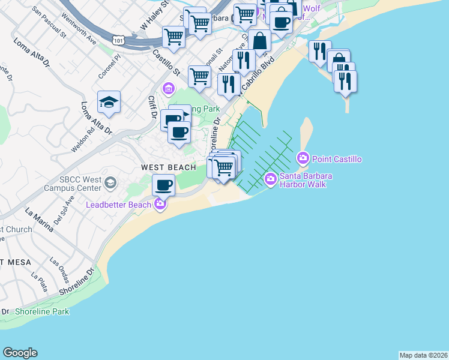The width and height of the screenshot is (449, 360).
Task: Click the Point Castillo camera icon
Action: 303,158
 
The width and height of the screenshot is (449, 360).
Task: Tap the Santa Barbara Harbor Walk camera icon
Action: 271,178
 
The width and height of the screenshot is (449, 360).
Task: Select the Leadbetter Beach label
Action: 118,205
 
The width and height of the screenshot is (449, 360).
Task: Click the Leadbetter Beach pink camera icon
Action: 160,205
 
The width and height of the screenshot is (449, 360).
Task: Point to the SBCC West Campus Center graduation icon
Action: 110,182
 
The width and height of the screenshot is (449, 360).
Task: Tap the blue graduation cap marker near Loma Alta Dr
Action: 109,103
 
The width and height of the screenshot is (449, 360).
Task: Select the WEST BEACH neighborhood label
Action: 169,167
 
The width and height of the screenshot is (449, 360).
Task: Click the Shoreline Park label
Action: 42,311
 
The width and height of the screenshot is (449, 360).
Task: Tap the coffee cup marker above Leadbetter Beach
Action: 163,185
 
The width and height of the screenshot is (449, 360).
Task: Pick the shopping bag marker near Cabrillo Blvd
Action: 259,42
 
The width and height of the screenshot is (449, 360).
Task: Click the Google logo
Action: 20,353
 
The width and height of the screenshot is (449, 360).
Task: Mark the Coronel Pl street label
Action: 110,68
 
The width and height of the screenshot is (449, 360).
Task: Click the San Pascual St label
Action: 49,22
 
